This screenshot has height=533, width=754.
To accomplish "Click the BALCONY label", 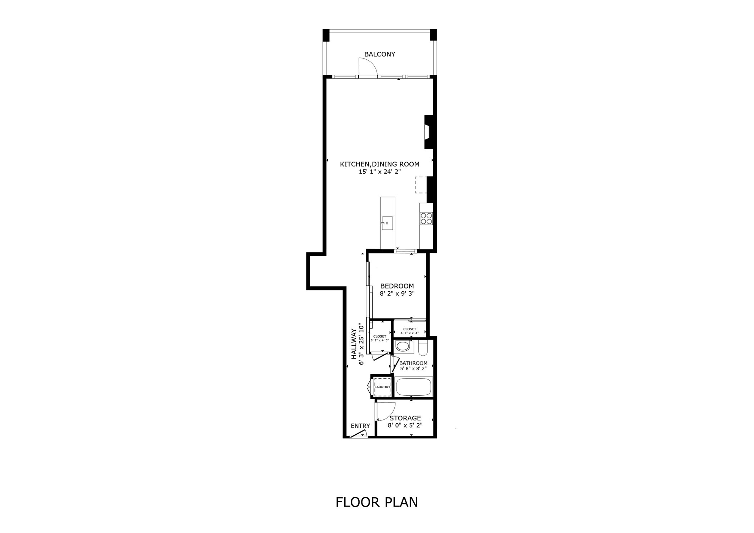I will click(379, 54).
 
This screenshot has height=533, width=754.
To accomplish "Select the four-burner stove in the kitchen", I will click(426, 218).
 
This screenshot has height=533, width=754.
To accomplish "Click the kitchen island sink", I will click(387, 223).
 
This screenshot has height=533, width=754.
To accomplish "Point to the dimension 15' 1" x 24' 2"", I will click(380, 172).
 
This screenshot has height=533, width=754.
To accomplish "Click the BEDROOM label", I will click(397, 286).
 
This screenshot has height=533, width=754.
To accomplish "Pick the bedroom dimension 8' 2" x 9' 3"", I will click(397, 294).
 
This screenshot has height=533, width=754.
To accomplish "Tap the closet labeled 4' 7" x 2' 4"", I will click(409, 331).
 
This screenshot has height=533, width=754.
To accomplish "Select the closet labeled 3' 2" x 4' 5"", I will click(380, 338).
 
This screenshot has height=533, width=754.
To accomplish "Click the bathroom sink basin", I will click(403, 346).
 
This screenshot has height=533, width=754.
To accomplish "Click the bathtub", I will click(413, 386).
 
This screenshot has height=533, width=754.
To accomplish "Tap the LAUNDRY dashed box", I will click(382, 387).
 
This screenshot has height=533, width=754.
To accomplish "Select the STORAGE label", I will click(405, 418).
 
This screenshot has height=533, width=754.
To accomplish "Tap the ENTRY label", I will click(360, 426).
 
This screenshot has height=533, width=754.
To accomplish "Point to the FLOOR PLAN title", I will click(376, 502).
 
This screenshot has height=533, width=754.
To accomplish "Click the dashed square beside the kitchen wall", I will click(421, 185).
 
